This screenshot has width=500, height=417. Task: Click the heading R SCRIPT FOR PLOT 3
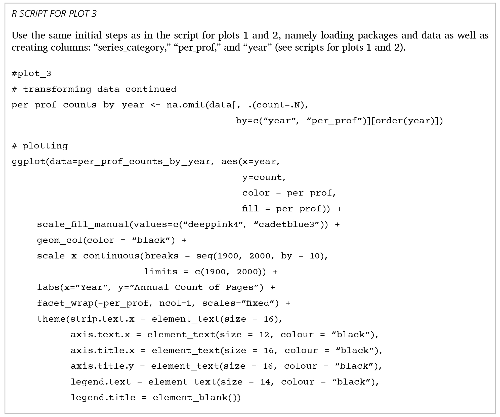54,14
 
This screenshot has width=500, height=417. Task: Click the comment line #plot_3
31,73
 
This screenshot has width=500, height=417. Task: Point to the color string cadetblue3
286,224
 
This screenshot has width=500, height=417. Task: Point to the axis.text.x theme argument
100,335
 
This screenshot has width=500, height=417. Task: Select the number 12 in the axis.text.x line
264,335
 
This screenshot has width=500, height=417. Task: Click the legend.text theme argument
101,382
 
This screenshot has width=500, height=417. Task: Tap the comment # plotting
40,146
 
